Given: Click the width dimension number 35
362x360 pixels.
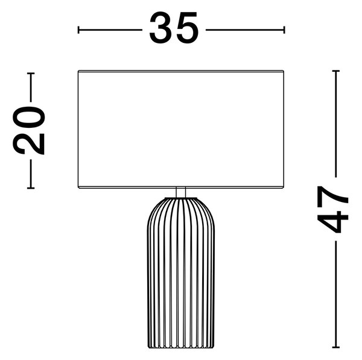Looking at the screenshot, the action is (x=174, y=28).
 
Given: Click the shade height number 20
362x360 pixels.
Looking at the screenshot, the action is (x=28, y=130).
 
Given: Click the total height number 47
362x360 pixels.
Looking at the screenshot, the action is (x=332, y=209).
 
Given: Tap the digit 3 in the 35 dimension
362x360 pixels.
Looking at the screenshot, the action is (x=160, y=28).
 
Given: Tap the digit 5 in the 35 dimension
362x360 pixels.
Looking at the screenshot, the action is (x=187, y=28).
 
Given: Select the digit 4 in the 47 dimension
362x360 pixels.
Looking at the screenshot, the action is (x=332, y=221).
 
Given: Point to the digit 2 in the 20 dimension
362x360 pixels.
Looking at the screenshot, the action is (x=28, y=143).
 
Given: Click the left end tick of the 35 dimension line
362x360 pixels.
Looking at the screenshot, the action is (x=78, y=30).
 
